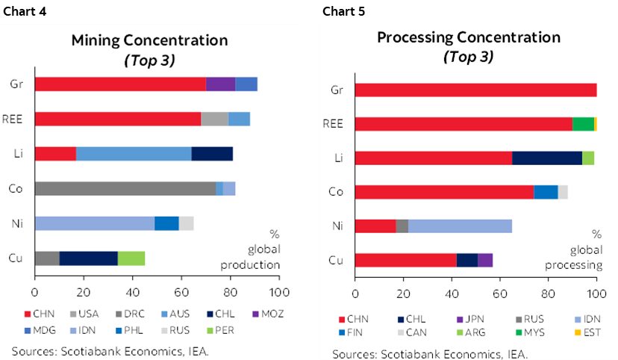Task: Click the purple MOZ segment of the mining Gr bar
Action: (x=220, y=84)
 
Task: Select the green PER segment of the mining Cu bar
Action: (x=131, y=258)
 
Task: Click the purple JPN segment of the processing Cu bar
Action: (x=485, y=260)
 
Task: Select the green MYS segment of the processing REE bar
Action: (x=583, y=124)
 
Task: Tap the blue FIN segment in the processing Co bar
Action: (x=546, y=192)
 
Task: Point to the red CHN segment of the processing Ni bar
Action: (x=375, y=226)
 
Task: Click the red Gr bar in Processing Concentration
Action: (x=475, y=90)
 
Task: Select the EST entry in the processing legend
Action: (x=593, y=332)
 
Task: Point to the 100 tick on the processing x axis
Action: (x=596, y=294)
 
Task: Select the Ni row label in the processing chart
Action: (x=336, y=226)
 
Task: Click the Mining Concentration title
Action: (x=149, y=40)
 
